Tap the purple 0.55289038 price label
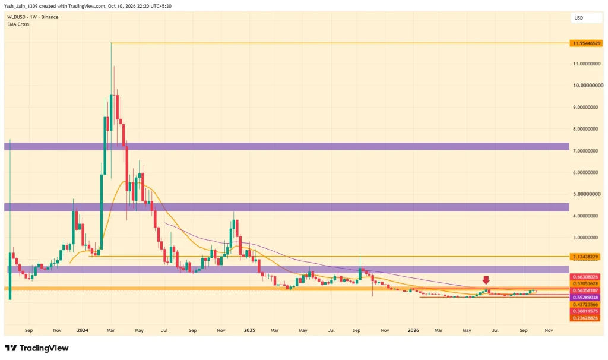tap(585, 298)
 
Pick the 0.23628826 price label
tap(585, 318)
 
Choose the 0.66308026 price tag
tap(585, 277)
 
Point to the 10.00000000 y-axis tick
tap(588, 86)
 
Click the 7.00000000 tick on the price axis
tap(585, 150)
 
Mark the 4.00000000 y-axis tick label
tap(585, 216)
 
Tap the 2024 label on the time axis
tap(83, 330)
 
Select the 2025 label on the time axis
tap(249, 330)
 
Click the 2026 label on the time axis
tap(413, 330)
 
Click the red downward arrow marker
tap(486, 280)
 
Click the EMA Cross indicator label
tap(18, 24)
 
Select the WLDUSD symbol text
tap(16, 17)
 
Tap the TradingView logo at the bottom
tap(37, 348)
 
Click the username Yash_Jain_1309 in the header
tap(21, 6)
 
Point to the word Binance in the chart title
tap(50, 17)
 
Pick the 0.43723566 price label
tap(585, 305)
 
